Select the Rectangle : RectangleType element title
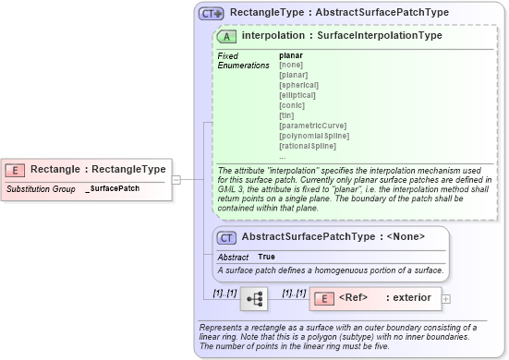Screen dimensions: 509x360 point(98,170)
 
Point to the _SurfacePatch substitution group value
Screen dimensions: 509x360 point(112,188)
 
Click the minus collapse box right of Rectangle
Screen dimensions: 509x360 point(176,180)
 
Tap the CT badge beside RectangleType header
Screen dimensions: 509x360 point(212,13)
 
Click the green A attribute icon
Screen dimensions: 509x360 point(225,36)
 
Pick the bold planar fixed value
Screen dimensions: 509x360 point(290,55)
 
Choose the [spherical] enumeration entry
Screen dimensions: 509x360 point(299,85)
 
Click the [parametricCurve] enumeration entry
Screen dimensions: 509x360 point(311,126)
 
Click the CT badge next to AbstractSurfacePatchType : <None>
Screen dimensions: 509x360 point(225,237)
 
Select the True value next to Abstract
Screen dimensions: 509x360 point(266,256)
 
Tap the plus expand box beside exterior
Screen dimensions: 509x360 point(446,298)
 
